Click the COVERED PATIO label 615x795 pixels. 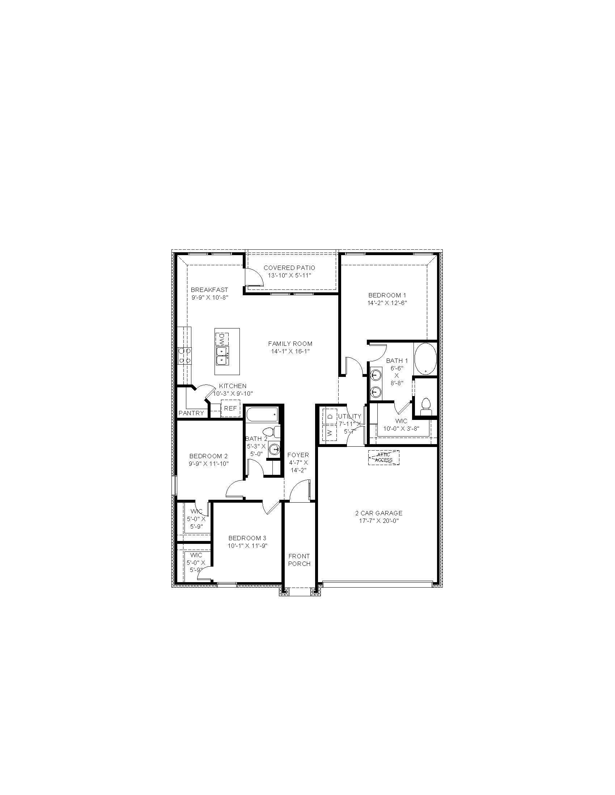[x=289, y=268]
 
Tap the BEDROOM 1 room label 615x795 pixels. [x=387, y=295]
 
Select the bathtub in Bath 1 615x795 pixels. [x=425, y=358]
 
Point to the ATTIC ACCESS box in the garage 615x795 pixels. [x=383, y=457]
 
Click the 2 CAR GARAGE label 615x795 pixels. [x=379, y=513]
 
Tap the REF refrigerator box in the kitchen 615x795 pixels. [x=230, y=408]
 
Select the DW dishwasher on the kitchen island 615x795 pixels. [x=221, y=339]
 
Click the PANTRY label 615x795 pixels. [x=191, y=413]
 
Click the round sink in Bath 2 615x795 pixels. [x=274, y=450]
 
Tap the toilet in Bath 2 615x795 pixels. [x=272, y=432]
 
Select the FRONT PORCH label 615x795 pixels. [x=299, y=560]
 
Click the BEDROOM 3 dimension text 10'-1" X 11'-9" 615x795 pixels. [x=247, y=546]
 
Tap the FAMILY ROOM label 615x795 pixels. [x=290, y=343]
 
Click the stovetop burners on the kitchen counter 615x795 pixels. [x=184, y=355]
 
